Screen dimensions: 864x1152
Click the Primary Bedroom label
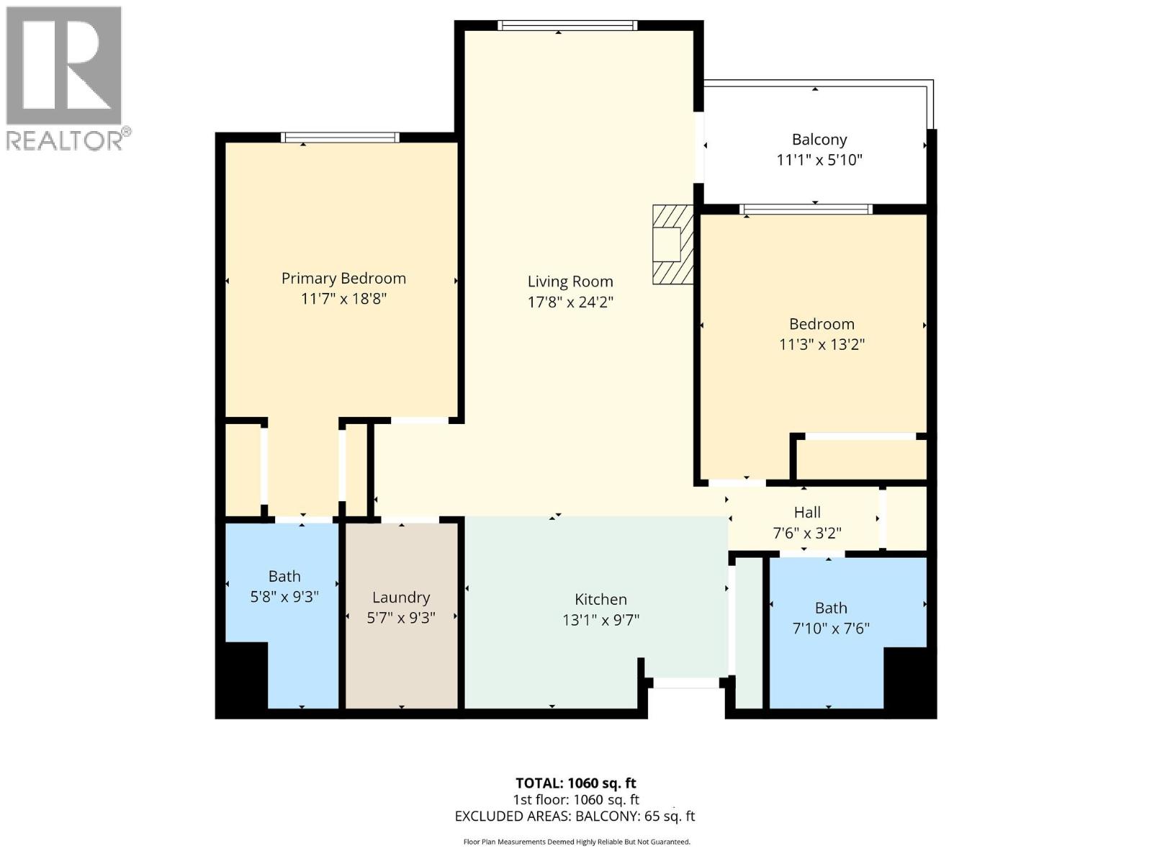point(343,279)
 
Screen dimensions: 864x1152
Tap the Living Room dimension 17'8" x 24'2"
point(570,302)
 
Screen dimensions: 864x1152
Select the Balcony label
point(819,140)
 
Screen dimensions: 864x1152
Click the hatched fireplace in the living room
point(672,244)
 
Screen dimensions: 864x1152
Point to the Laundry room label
point(401,598)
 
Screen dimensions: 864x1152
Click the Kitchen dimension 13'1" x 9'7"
point(600,620)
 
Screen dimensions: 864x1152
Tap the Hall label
point(807,513)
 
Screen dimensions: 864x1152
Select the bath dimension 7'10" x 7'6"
point(831,629)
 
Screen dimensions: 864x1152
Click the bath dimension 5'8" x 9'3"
point(284,597)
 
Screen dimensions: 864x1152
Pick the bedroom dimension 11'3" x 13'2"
point(822,344)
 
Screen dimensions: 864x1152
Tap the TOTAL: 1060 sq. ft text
point(575,783)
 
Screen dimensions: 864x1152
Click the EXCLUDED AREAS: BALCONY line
point(575,816)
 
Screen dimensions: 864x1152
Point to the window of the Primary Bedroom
point(340,138)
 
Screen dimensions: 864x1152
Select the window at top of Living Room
point(567,26)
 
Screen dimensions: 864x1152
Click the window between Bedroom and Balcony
point(806,210)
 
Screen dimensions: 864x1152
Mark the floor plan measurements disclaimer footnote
point(576,842)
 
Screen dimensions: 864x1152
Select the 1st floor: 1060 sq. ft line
point(575,799)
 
